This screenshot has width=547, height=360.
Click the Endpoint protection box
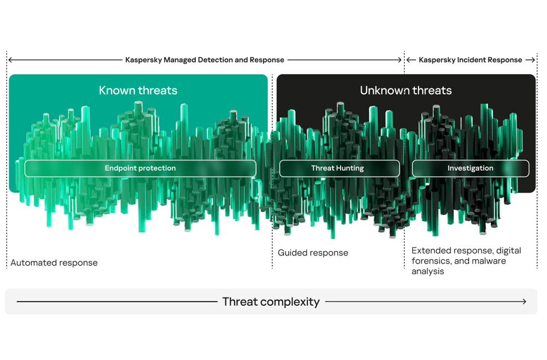click(140, 169)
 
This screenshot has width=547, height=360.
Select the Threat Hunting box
click(340, 169)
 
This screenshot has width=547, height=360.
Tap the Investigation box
click(470, 169)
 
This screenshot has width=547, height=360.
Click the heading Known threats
click(138, 90)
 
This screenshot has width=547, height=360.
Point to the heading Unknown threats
click(406, 90)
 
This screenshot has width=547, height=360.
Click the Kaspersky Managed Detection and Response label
click(205, 60)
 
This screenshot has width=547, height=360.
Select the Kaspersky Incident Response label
click(470, 60)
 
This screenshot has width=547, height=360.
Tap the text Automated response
click(54, 263)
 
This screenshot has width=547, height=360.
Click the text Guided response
click(313, 253)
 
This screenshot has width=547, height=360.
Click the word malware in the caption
click(488, 261)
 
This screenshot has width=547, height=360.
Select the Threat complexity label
click(271, 302)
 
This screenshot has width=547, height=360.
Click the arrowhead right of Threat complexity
click(524, 301)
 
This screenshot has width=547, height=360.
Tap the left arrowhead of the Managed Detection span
click(11, 60)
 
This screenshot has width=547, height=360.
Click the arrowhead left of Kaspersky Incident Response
click(409, 60)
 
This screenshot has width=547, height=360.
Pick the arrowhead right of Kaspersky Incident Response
click(532, 60)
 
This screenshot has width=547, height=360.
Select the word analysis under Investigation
click(428, 271)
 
